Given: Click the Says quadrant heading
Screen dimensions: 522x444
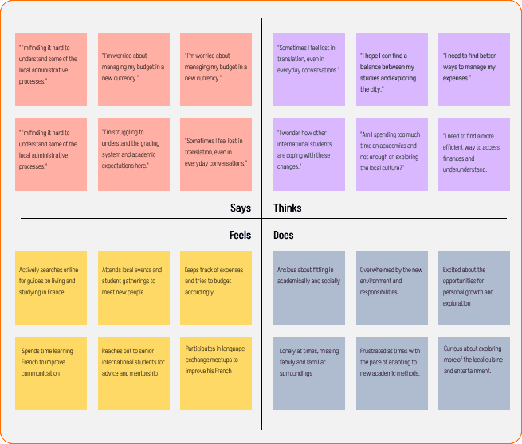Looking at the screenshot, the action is click(241, 208).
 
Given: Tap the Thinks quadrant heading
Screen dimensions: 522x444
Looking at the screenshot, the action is click(288, 208).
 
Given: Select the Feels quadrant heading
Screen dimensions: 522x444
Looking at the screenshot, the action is click(240, 236).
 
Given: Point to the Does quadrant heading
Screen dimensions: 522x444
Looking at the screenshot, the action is click(283, 236).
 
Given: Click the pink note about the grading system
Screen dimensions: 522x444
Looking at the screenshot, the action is click(134, 154).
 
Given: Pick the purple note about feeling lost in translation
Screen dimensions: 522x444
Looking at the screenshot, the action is click(309, 69).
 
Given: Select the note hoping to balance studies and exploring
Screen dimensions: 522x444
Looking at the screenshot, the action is click(392, 69).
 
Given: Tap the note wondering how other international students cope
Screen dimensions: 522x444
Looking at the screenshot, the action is click(309, 154).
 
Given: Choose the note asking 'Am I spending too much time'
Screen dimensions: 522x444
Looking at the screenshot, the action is click(392, 154).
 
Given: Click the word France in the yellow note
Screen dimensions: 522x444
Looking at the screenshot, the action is click(55, 292).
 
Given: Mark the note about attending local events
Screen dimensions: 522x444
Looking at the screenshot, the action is click(134, 288).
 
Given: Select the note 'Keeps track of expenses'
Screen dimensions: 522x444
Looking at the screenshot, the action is click(216, 288).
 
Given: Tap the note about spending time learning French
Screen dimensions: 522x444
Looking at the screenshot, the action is click(51, 373).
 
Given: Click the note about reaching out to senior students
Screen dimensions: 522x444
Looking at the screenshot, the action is click(134, 373).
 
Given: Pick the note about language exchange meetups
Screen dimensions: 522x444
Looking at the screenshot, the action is click(216, 373).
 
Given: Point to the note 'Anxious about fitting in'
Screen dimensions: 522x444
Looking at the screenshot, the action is click(309, 288).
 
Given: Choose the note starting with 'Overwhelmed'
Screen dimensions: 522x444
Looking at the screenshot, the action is click(392, 288).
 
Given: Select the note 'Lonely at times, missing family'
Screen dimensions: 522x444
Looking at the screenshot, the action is click(309, 373).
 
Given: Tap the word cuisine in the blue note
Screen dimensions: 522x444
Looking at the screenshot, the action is click(493, 360).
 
